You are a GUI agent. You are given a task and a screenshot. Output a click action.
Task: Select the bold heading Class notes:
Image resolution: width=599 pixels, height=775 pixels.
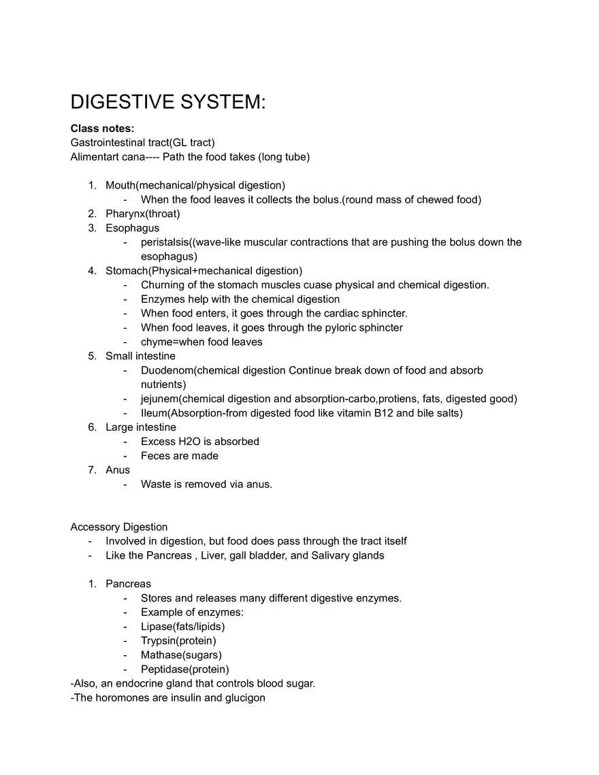coord(102,129)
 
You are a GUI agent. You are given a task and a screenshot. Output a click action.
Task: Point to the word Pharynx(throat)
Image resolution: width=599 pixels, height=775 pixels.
coord(142,214)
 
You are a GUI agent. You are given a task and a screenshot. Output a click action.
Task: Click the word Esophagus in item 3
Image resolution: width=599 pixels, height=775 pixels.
coord(132,228)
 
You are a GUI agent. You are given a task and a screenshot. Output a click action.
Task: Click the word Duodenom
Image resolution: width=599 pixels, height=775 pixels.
coord(167,371)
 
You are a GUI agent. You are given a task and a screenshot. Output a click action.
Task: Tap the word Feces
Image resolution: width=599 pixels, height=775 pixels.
coord(156,456)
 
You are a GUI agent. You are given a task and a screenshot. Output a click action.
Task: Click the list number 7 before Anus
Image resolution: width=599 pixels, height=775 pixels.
coord(91,470)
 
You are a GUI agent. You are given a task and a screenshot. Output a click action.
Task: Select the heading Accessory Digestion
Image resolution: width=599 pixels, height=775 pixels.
coord(118,527)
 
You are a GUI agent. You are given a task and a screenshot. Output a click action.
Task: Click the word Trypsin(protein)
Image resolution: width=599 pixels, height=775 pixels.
coord(178,641)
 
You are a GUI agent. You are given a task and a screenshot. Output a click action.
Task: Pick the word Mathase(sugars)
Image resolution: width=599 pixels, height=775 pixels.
coord(181,655)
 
